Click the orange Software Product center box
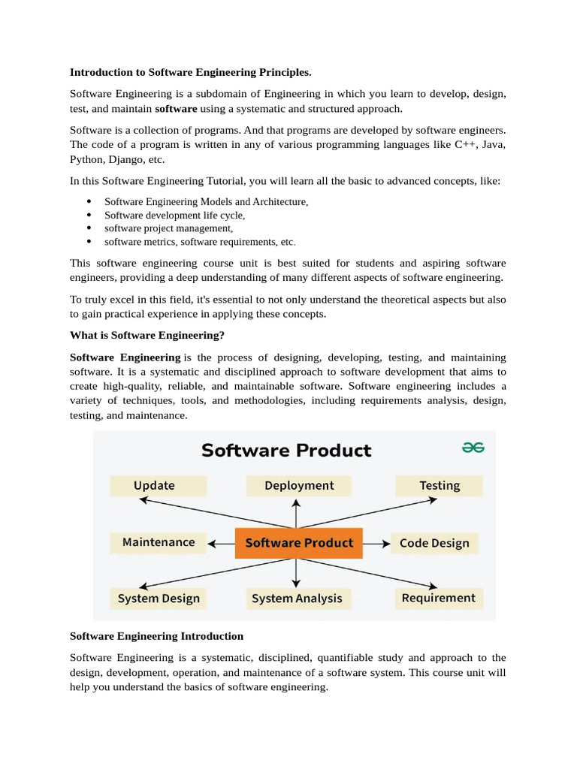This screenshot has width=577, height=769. tap(299, 543)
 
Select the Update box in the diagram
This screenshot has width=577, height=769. tap(158, 486)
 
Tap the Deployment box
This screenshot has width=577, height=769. tap(299, 486)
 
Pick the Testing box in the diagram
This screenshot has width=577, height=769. tap(440, 486)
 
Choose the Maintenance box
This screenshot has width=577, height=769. tap(158, 542)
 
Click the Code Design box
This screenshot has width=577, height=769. tap(434, 543)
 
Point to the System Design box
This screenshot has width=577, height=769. tap(159, 599)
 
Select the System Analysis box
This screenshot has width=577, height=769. tap(297, 599)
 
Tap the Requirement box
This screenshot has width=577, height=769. tap(438, 598)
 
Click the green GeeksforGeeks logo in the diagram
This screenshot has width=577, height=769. tap(473, 448)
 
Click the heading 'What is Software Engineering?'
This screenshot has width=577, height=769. tap(147, 335)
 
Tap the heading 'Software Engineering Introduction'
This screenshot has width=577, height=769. tap(156, 636)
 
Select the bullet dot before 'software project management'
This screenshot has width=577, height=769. tap(89, 228)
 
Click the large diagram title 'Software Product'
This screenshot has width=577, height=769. tap(286, 451)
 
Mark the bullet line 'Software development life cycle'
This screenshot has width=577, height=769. tap(174, 215)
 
